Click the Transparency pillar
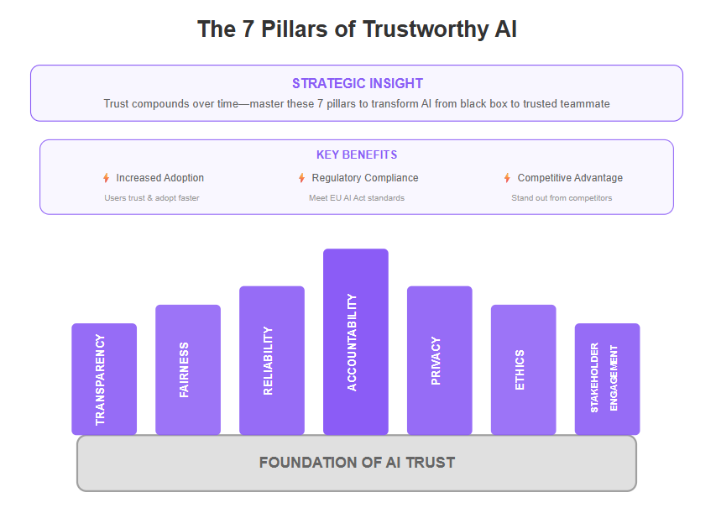(104, 379)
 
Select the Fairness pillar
(188, 369)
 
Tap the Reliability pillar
(272, 360)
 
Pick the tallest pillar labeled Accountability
(356, 341)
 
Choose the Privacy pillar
(440, 360)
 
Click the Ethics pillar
(523, 369)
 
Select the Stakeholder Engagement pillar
(608, 379)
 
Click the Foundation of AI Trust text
(357, 463)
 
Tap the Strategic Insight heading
(358, 84)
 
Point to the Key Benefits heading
(357, 155)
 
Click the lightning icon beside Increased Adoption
(106, 178)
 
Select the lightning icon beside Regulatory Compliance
(301, 178)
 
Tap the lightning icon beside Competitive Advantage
(507, 178)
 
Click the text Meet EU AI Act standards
(357, 198)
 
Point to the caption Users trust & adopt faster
(152, 198)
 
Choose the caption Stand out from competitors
(562, 198)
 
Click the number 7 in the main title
(248, 29)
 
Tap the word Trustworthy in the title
(426, 29)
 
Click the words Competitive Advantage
(570, 178)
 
